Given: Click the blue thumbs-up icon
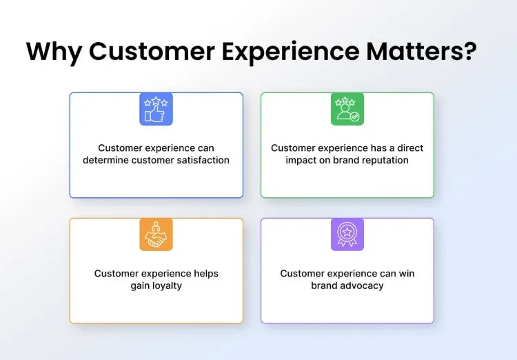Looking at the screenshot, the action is tap(156, 109).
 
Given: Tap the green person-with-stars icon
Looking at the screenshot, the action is tap(347, 109).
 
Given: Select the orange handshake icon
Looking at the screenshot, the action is tap(156, 234).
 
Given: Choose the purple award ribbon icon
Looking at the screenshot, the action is tap(347, 234).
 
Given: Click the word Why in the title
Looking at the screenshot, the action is tap(54, 52).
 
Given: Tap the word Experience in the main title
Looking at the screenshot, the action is tap(290, 52).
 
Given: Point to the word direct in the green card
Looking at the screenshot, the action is tap(410, 148).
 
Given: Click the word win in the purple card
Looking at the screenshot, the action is tap(407, 274).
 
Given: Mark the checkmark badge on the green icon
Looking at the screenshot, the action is tap(355, 117).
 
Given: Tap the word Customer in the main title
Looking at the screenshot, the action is tap(152, 51).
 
